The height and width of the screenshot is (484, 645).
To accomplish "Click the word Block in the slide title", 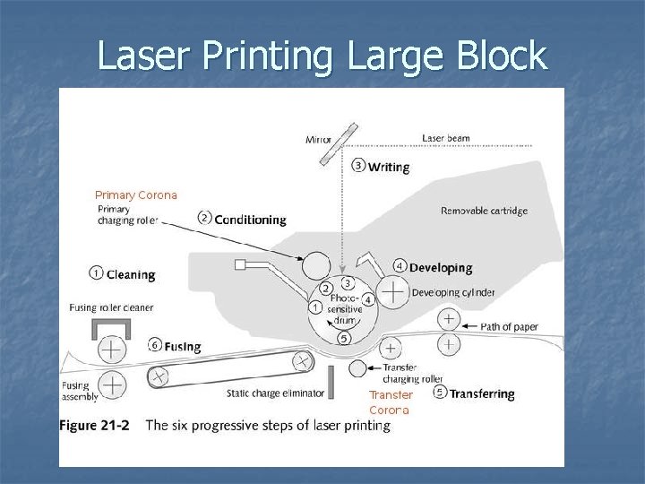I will click(x=497, y=56).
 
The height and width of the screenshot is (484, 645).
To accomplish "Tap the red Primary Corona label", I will click(x=136, y=194).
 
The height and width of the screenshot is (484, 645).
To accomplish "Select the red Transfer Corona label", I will click(x=391, y=402).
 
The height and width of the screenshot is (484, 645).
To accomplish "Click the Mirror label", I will click(x=319, y=139).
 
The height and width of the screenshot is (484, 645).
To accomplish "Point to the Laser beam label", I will click(x=446, y=138).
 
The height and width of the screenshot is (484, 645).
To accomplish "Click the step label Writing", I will click(x=389, y=166).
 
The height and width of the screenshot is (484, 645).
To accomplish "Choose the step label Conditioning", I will click(x=250, y=220).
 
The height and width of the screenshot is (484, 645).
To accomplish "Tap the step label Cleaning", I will click(x=131, y=274).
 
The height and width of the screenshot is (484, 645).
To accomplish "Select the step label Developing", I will click(x=441, y=267).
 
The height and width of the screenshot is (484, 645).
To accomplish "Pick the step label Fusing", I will click(x=183, y=346).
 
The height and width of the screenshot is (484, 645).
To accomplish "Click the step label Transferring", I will click(x=481, y=393).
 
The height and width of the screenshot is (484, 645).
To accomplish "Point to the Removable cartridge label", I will click(x=484, y=212).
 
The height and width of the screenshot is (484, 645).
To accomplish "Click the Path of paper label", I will click(x=510, y=327).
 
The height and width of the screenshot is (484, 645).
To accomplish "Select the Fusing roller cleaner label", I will click(x=111, y=307).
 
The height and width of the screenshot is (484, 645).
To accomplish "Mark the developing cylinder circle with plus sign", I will click(x=391, y=291).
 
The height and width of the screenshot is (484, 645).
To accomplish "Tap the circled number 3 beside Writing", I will click(x=358, y=165).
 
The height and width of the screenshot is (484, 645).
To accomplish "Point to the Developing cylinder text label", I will click(x=453, y=292).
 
